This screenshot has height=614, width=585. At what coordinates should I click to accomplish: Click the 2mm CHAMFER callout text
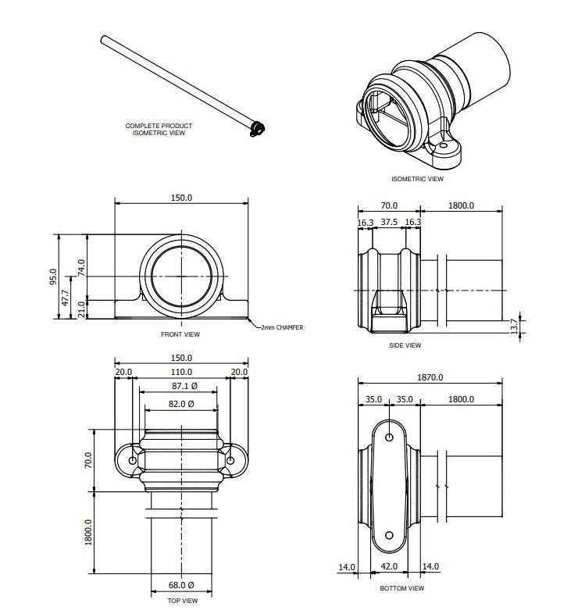pos(282,327)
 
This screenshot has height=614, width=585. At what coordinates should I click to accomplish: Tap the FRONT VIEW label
pos(181,334)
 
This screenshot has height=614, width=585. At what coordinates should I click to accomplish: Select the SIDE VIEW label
pos(405,344)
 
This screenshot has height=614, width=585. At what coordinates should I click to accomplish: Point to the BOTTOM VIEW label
pos(401,588)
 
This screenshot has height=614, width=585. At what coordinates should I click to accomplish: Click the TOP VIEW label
pos(182,601)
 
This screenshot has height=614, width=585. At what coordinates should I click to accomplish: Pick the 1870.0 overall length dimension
pos(430,377)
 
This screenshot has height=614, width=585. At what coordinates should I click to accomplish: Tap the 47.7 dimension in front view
pos(66,297)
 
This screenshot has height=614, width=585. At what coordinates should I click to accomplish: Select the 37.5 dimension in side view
pos(389,223)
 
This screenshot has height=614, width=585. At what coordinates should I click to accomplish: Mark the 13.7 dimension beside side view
pos(513,326)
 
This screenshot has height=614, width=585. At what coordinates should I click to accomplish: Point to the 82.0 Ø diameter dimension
pos(181,404)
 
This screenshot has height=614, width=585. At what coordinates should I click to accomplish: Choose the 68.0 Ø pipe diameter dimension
pos(181,584)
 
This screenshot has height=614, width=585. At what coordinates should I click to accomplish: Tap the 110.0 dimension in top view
pos(181,372)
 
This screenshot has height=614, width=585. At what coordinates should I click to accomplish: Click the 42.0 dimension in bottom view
pos(389,567)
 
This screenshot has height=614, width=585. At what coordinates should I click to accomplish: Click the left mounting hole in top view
pos(132,460)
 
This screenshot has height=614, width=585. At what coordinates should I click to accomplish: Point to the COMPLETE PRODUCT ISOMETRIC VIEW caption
pos(159,130)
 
